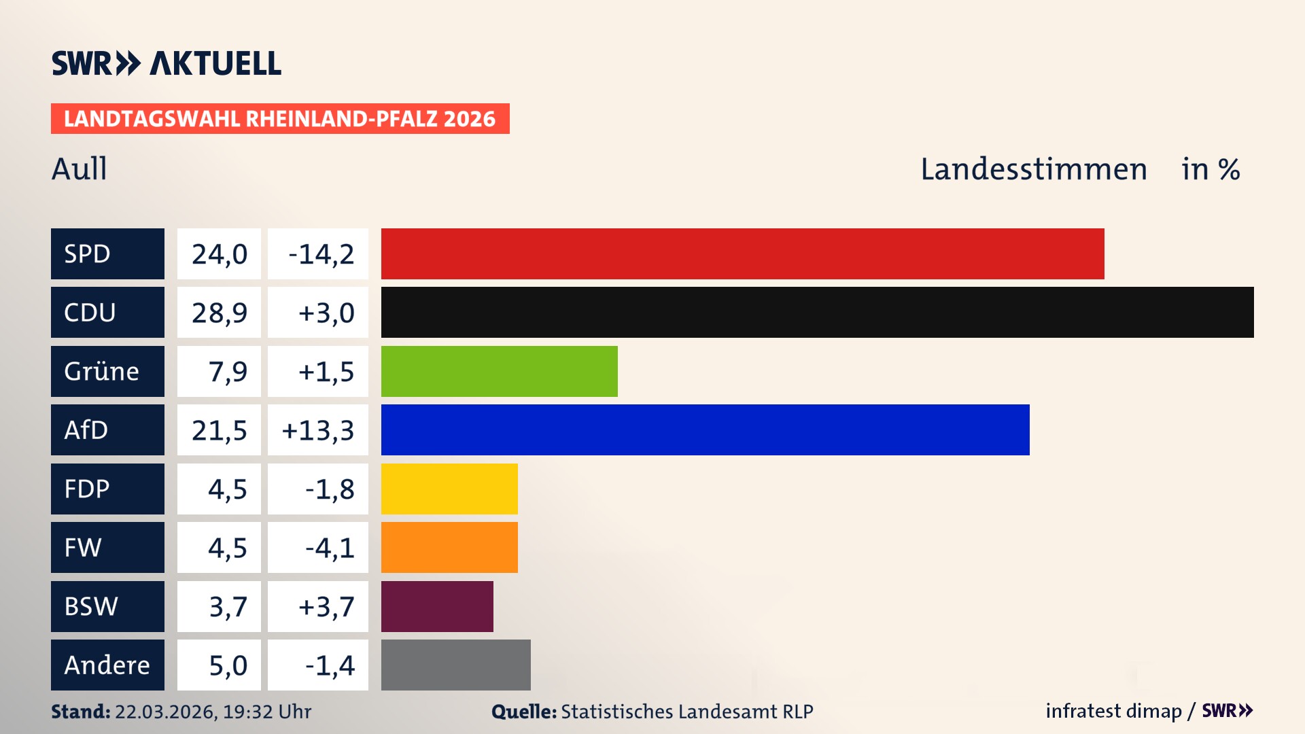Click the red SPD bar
(x=742, y=254)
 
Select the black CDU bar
(x=817, y=312)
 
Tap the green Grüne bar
(x=499, y=371)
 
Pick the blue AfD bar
(x=705, y=430)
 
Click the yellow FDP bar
(x=449, y=489)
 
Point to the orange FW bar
(x=449, y=547)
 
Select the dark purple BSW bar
(x=437, y=606)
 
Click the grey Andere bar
(x=455, y=665)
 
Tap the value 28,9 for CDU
(x=219, y=313)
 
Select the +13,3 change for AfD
(x=318, y=430)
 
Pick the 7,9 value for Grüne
(x=227, y=372)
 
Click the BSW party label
(x=91, y=606)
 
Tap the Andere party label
(x=107, y=665)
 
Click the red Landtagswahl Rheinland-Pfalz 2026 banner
(x=279, y=119)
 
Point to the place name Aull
(x=80, y=169)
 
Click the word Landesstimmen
(x=1033, y=169)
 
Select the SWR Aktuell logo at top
(x=167, y=63)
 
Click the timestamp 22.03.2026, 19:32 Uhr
(x=213, y=712)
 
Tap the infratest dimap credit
(x=1113, y=711)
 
